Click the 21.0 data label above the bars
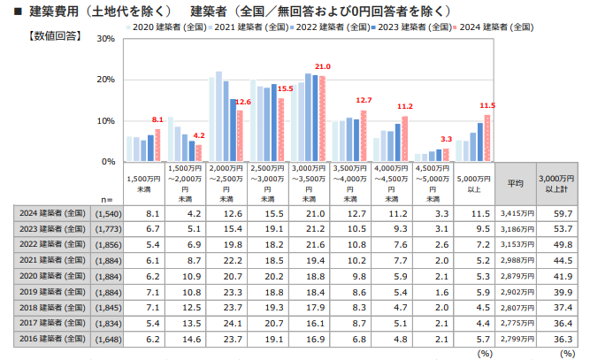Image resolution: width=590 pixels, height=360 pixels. (323, 67)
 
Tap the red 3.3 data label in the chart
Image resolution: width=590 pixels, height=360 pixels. (446, 139)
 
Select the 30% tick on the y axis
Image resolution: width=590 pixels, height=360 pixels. (105, 40)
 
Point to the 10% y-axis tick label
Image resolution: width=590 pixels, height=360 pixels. (105, 121)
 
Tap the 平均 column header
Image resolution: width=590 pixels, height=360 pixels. (514, 184)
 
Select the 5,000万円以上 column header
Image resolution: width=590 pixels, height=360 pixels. (473, 184)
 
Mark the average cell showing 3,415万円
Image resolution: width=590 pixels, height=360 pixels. (514, 213)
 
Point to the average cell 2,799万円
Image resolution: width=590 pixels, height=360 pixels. (514, 338)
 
